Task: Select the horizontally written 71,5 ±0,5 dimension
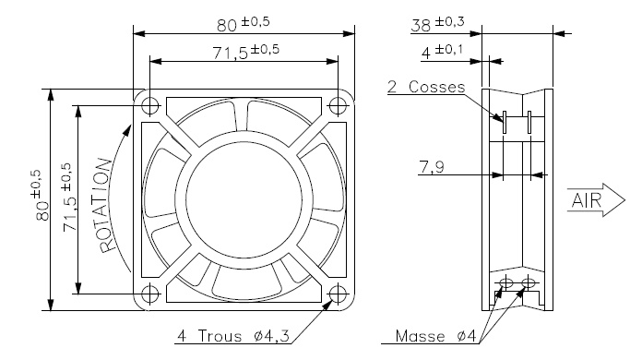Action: tap(244, 52)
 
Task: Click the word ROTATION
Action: tap(107, 205)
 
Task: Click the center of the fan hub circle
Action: tap(244, 198)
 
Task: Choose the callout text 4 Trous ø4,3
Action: tap(233, 335)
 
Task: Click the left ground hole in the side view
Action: tap(505, 280)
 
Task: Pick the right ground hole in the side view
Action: tap(529, 280)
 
